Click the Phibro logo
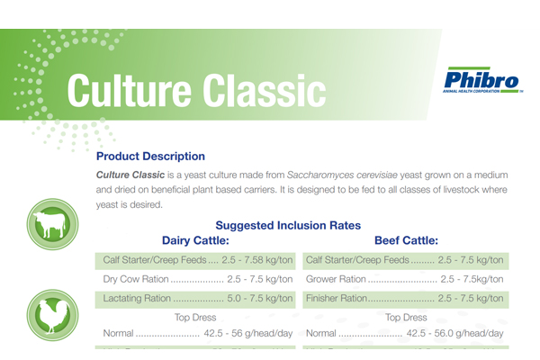(x=482, y=81)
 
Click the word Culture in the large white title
(x=129, y=91)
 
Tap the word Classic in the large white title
(x=264, y=91)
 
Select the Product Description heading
(x=150, y=157)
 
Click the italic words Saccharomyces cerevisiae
(x=342, y=175)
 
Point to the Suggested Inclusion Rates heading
(x=288, y=225)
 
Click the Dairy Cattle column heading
(x=195, y=240)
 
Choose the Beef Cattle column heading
(x=407, y=240)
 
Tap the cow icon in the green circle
(x=53, y=224)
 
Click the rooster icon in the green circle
(x=53, y=315)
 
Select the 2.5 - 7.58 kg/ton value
(x=257, y=260)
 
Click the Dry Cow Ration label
(x=136, y=279)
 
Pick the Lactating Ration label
(x=137, y=298)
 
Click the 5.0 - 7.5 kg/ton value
(x=260, y=298)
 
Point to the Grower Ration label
(x=336, y=279)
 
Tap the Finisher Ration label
(x=337, y=298)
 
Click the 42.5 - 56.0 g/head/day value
(x=454, y=334)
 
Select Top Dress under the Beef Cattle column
(x=406, y=318)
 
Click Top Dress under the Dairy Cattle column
(x=195, y=318)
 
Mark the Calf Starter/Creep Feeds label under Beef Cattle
(x=357, y=260)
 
